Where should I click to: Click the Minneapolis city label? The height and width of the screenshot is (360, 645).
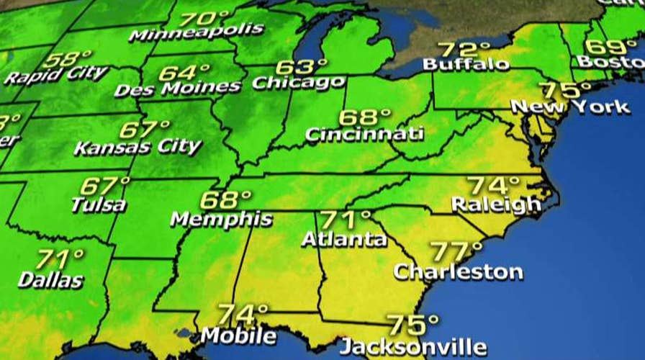pyautogui.click(x=196, y=33)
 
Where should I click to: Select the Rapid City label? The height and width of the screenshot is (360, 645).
pyautogui.click(x=55, y=74)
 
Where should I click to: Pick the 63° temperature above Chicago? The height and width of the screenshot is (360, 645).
pyautogui.click(x=302, y=67)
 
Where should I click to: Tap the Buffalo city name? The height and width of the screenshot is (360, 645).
pyautogui.click(x=466, y=64)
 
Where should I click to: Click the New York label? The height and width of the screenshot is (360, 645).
pyautogui.click(x=570, y=107)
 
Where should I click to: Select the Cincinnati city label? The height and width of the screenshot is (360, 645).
pyautogui.click(x=364, y=133)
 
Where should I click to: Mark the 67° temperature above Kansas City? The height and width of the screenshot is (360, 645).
pyautogui.click(x=145, y=130)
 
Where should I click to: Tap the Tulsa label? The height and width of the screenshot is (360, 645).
pyautogui.click(x=99, y=204)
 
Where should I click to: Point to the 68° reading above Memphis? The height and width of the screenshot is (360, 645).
pyautogui.click(x=225, y=199)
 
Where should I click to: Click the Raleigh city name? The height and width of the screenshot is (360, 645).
pyautogui.click(x=496, y=204)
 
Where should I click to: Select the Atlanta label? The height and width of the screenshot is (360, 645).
pyautogui.click(x=344, y=238)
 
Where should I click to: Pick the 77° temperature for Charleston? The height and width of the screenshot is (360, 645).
pyautogui.click(x=456, y=252)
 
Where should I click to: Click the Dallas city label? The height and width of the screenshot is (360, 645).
pyautogui.click(x=50, y=280)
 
